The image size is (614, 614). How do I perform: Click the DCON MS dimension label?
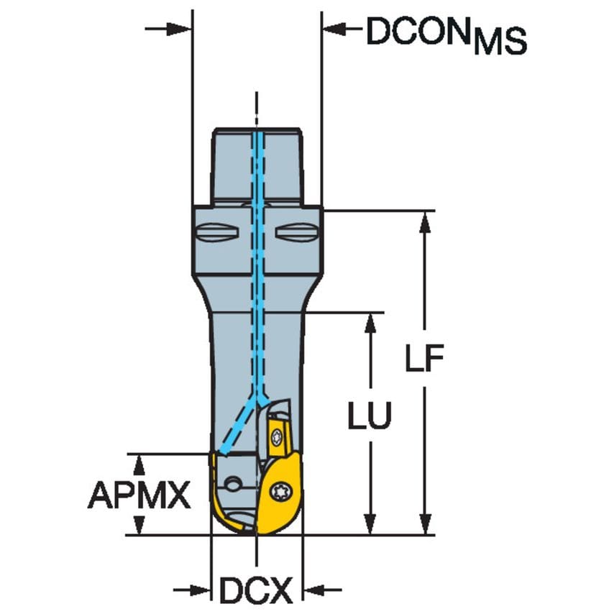(446, 34)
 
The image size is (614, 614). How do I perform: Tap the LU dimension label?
(370, 416)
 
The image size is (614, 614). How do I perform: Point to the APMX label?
(139, 495)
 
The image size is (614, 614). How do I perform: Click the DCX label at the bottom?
(256, 592)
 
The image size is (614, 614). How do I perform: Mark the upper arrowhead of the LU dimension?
(370, 324)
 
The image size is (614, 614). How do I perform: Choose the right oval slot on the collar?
(296, 233)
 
